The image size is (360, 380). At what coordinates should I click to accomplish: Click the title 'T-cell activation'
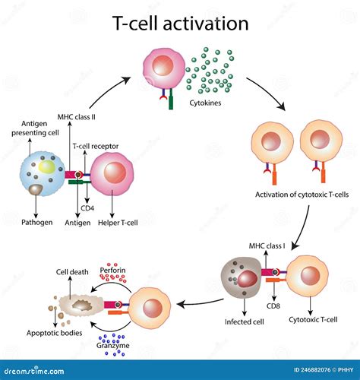[x=181, y=24]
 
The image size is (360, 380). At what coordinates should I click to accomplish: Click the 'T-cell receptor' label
[x=94, y=144]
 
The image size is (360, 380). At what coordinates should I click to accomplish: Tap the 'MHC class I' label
[x=267, y=246]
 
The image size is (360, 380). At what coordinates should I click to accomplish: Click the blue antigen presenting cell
[x=39, y=176]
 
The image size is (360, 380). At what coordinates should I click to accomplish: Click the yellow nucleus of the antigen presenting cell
[x=47, y=166]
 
